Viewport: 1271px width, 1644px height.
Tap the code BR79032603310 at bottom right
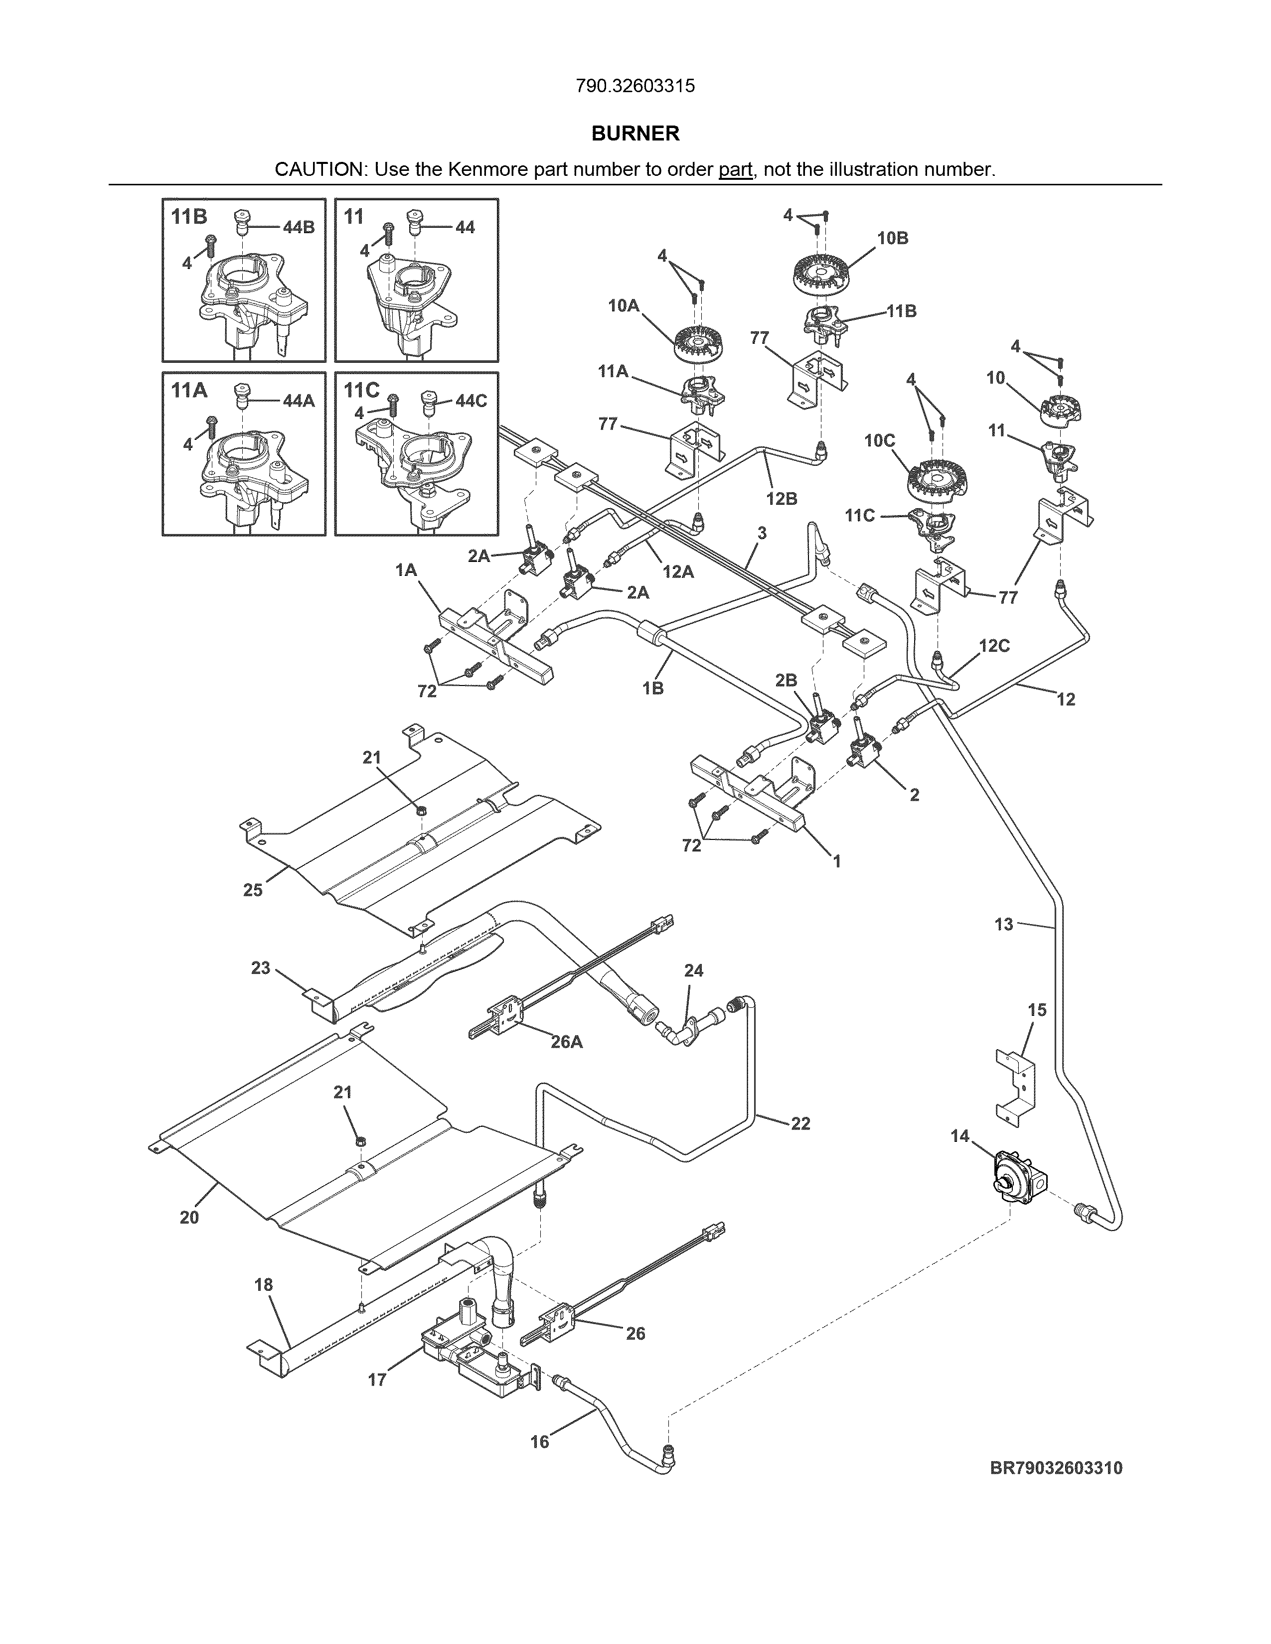(1056, 1468)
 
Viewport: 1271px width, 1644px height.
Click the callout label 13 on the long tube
(1004, 924)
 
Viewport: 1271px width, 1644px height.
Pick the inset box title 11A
(189, 390)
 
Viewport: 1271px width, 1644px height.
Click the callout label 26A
(566, 1042)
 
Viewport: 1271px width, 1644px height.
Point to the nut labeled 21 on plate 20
(360, 1142)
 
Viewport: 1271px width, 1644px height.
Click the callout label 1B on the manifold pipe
(653, 687)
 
